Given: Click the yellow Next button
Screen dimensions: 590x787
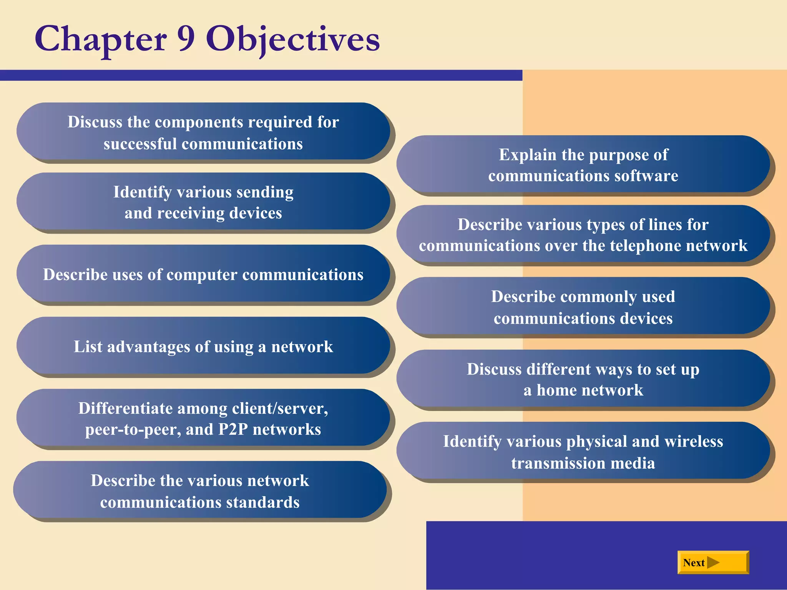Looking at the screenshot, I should [x=713, y=562].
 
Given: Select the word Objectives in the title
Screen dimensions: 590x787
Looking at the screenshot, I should [x=293, y=40].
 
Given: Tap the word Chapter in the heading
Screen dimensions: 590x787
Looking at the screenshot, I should [x=101, y=40].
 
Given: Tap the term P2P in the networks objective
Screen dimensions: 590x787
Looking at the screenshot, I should [x=233, y=429].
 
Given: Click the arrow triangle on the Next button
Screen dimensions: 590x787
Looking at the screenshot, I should [x=713, y=563].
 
